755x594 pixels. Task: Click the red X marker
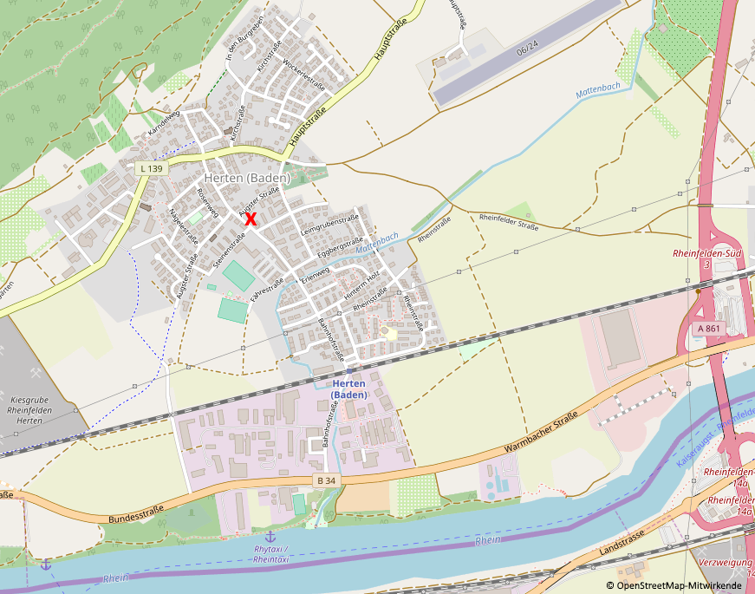pyautogui.click(x=251, y=219)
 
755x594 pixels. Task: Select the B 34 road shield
pyautogui.click(x=326, y=480)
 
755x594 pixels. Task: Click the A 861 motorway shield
pyautogui.click(x=708, y=329)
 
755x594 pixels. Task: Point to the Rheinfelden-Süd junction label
pyautogui.click(x=706, y=258)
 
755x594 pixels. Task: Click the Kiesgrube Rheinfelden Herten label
pyautogui.click(x=30, y=410)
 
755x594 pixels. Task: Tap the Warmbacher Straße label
pyautogui.click(x=541, y=436)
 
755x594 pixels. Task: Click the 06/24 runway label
pyautogui.click(x=527, y=51)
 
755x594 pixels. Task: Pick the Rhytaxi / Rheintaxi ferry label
pyautogui.click(x=271, y=554)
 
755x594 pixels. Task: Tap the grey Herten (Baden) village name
pyautogui.click(x=247, y=178)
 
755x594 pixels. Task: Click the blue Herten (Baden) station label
pyautogui.click(x=349, y=388)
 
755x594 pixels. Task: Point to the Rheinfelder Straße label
pyautogui.click(x=508, y=222)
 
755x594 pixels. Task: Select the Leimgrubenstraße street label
pyautogui.click(x=329, y=227)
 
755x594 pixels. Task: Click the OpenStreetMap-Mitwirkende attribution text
pyautogui.click(x=680, y=586)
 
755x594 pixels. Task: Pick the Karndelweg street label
pyautogui.click(x=164, y=123)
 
